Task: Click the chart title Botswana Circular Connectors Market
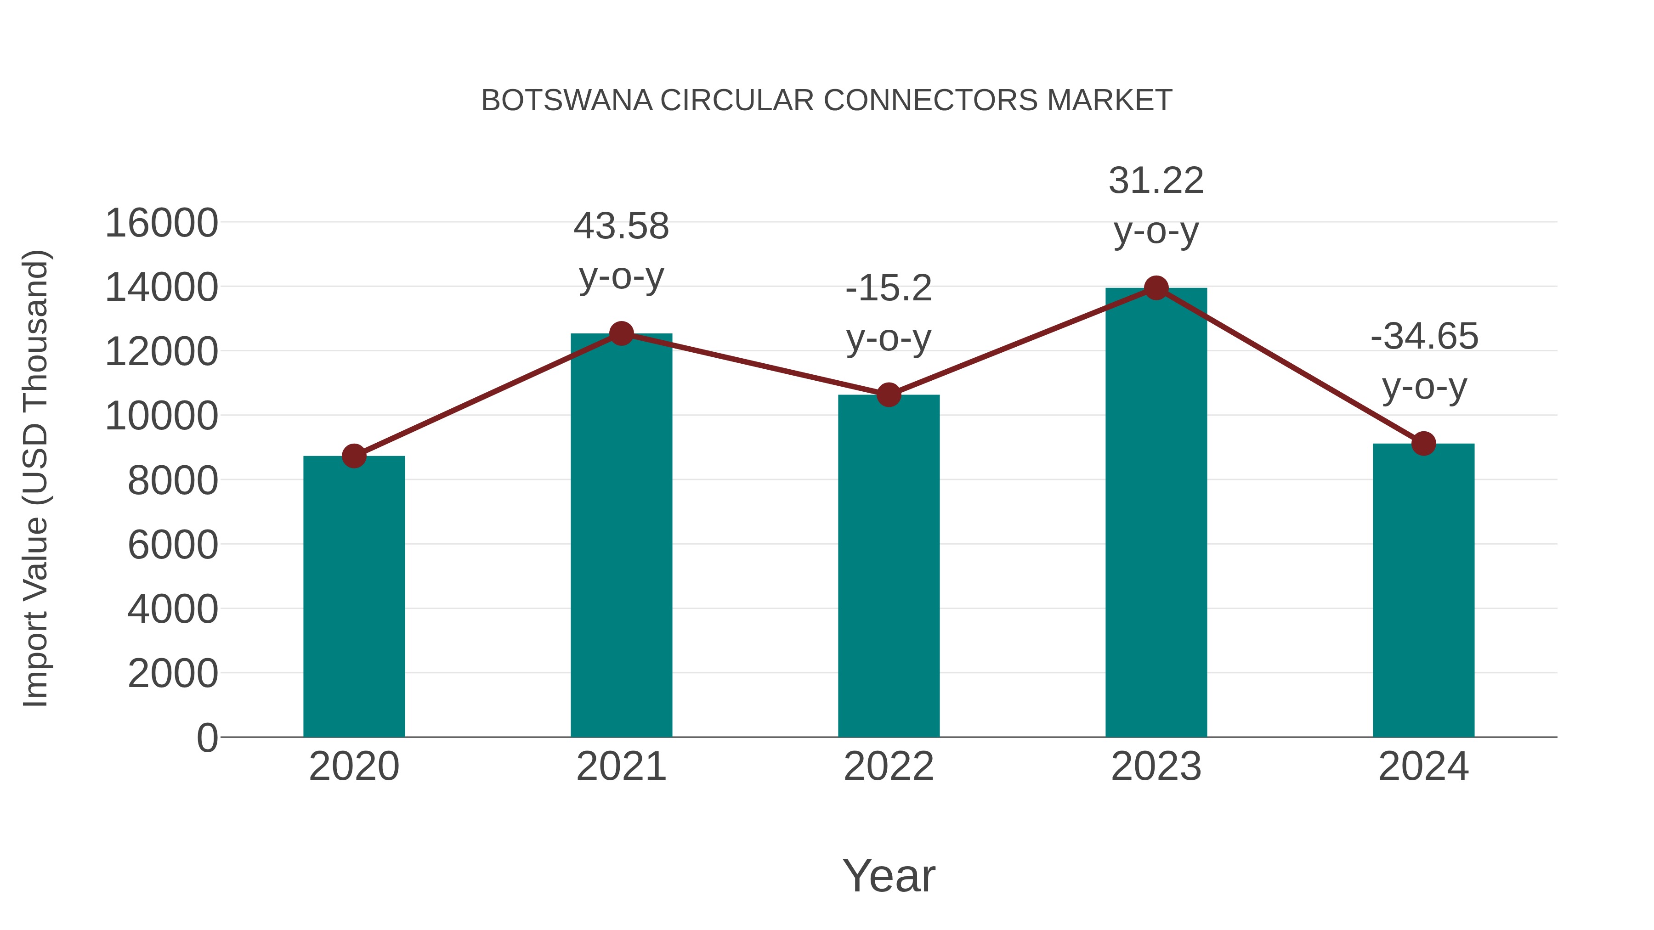(827, 101)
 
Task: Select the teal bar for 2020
(354, 597)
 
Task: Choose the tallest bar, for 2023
(1156, 513)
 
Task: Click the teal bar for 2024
(1423, 591)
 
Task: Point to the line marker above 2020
(354, 457)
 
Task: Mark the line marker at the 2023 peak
(1156, 288)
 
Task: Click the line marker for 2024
(1423, 444)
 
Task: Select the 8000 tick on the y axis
(173, 481)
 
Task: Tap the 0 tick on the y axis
(207, 738)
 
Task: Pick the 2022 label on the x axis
(888, 767)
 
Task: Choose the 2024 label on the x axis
(1423, 767)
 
